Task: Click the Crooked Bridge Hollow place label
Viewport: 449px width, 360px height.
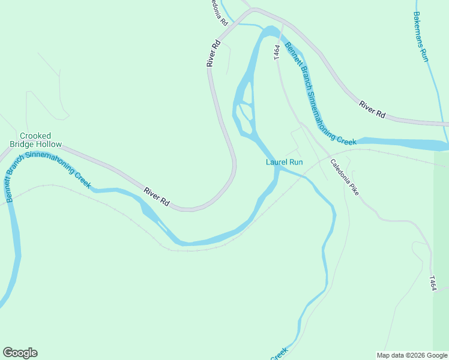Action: click(35, 140)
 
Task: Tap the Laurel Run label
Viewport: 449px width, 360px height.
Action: click(285, 162)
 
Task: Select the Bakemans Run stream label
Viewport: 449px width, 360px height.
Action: click(420, 36)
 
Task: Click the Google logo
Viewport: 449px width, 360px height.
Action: click(20, 353)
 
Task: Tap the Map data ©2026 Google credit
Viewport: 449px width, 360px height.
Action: click(412, 355)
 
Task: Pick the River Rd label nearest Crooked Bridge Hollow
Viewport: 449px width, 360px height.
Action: click(157, 197)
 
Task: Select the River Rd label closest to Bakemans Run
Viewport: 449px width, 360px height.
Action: click(372, 109)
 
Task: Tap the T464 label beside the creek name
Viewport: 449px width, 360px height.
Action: click(277, 52)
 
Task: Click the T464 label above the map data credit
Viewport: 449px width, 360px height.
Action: click(433, 284)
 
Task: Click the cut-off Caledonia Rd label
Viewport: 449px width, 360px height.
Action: click(218, 12)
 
